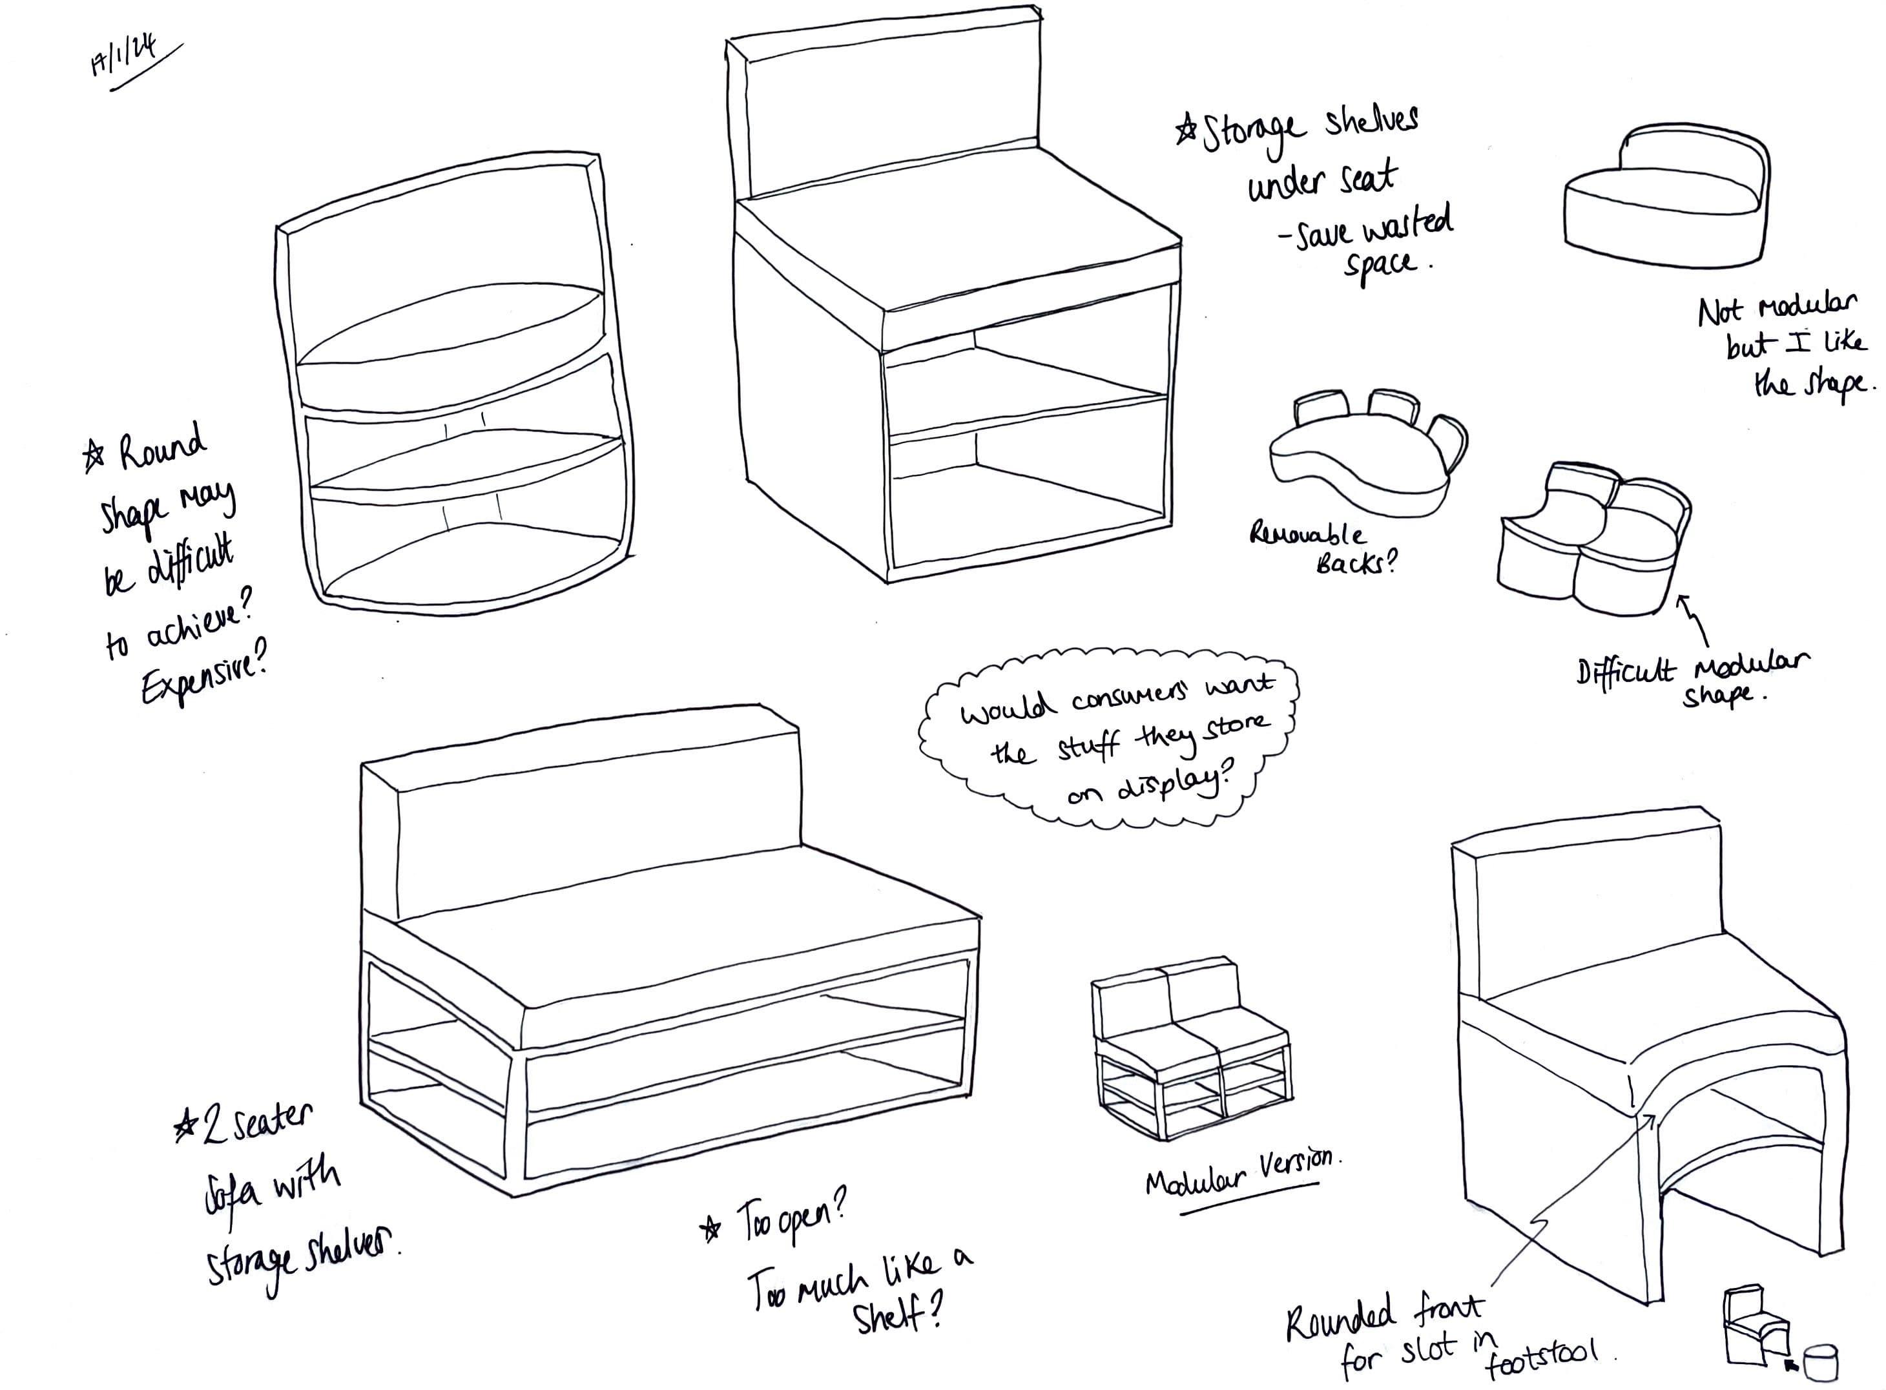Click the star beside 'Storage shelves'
click(1186, 130)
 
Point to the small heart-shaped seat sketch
click(1666, 198)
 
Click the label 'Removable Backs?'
click(1321, 547)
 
